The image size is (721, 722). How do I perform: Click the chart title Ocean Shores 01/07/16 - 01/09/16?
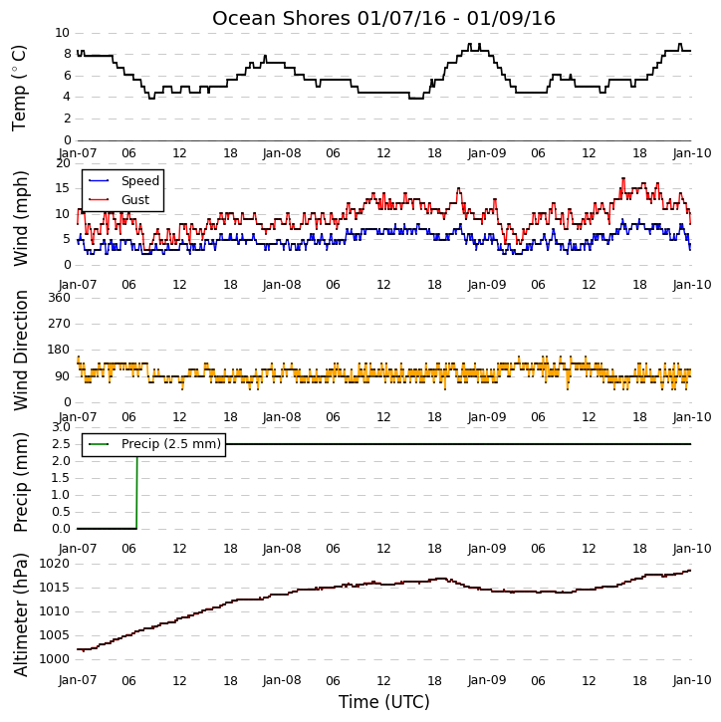point(383,18)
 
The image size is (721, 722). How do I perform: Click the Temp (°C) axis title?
point(19,88)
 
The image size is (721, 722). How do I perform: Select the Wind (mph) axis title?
point(21,218)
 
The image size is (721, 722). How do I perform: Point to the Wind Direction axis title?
point(21,351)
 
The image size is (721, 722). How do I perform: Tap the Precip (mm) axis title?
point(21,482)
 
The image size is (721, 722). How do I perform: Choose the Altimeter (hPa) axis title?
point(21,614)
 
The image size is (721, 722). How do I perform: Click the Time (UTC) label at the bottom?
point(384,702)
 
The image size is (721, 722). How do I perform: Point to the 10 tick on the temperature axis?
point(62,33)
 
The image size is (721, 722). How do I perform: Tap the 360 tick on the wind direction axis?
point(60,298)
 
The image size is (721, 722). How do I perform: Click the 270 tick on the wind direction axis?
point(60,324)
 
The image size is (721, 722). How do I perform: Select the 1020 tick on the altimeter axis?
point(55,564)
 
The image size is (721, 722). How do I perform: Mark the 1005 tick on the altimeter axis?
point(55,635)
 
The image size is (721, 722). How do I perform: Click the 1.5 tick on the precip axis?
point(61,478)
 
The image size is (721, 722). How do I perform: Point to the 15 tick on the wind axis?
point(62,188)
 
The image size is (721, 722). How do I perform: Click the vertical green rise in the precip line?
point(136,493)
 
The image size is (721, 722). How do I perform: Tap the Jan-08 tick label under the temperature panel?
point(282,153)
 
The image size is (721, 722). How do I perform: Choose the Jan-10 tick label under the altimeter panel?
point(692,680)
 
